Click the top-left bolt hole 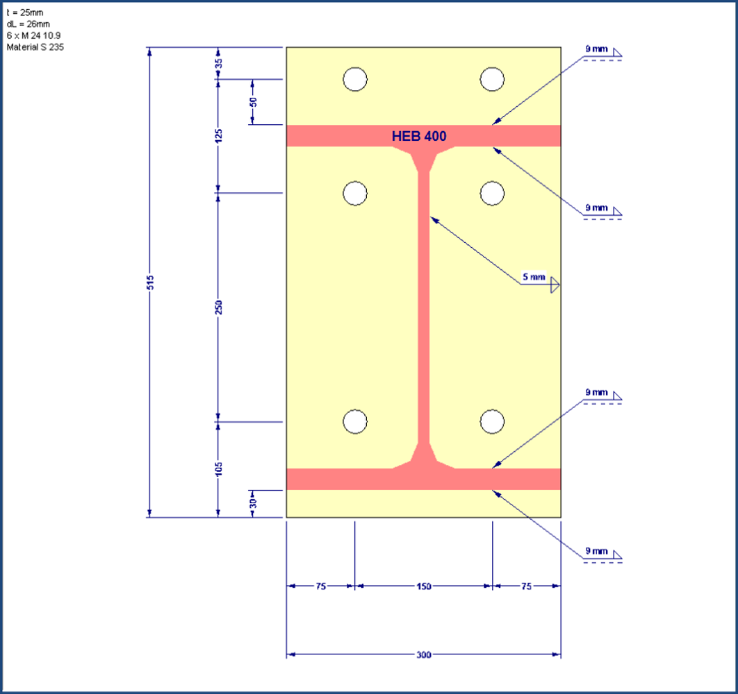pyautogui.click(x=355, y=80)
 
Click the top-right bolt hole pyautogui.click(x=492, y=80)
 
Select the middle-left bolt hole pyautogui.click(x=355, y=193)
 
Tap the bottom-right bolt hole pyautogui.click(x=492, y=422)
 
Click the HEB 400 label pyautogui.click(x=419, y=137)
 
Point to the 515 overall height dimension pyautogui.click(x=150, y=282)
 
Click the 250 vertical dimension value pyautogui.click(x=218, y=306)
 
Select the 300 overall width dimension pyautogui.click(x=423, y=654)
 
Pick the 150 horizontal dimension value pyautogui.click(x=423, y=586)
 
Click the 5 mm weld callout pyautogui.click(x=534, y=277)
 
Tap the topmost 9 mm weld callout pyautogui.click(x=596, y=49)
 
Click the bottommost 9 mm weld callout pyautogui.click(x=596, y=551)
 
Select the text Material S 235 pyautogui.click(x=35, y=47)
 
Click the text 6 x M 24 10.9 pyautogui.click(x=33, y=35)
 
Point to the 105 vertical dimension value pyautogui.click(x=218, y=469)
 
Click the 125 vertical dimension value pyautogui.click(x=218, y=135)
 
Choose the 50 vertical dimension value pyautogui.click(x=253, y=101)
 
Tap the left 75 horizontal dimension pyautogui.click(x=320, y=586)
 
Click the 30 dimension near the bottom pyautogui.click(x=253, y=502)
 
